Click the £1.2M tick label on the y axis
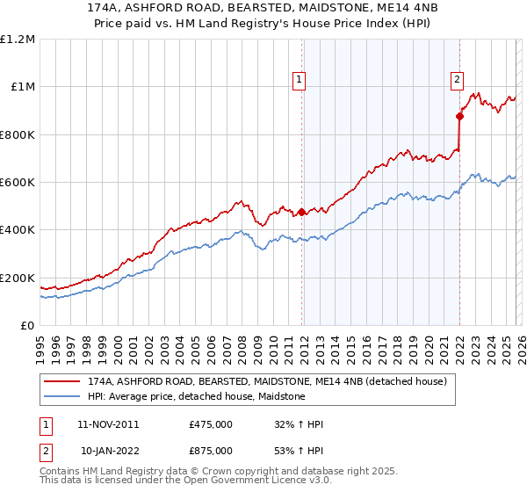[x=18, y=40]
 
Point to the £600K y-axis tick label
[x=18, y=183]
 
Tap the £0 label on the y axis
[x=28, y=326]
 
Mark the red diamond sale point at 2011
[x=301, y=212]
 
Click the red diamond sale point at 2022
[x=459, y=116]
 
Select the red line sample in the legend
[x=62, y=382]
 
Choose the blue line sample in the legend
[x=62, y=397]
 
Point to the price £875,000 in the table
[x=210, y=451]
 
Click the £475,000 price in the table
[x=210, y=424]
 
